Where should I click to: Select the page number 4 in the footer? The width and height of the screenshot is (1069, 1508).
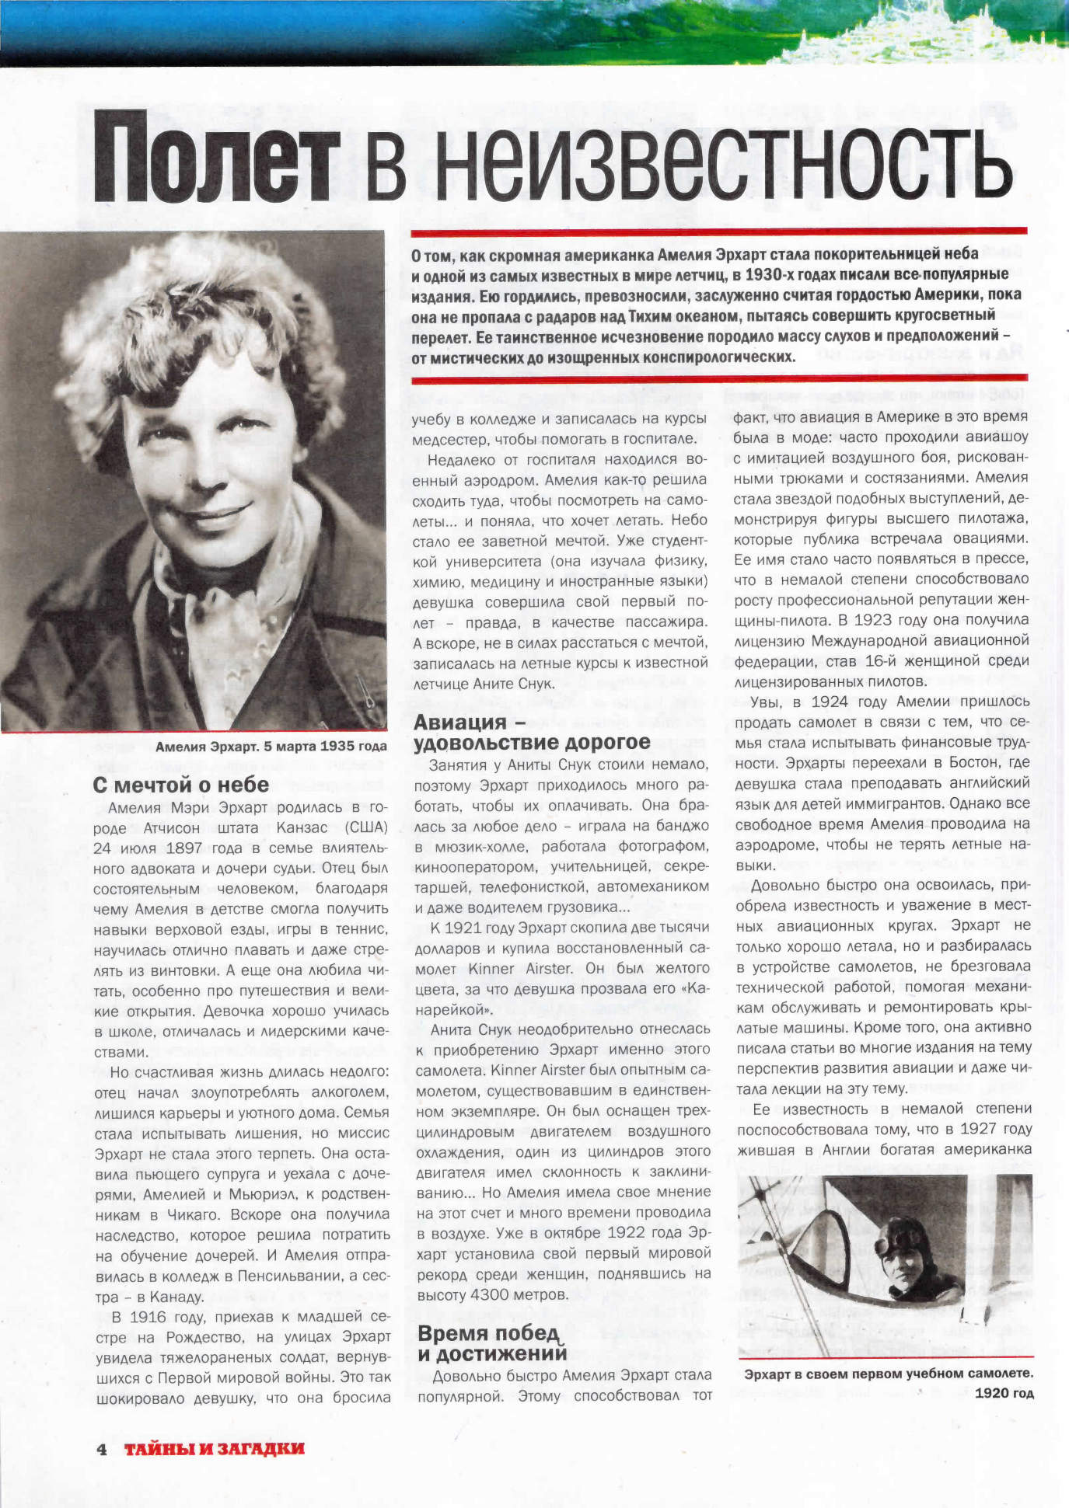(101, 1449)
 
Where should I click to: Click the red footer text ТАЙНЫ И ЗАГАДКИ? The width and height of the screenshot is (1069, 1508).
(215, 1449)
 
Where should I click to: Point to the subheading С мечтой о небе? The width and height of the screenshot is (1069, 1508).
(180, 785)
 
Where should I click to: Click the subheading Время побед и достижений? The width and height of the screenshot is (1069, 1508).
(491, 1344)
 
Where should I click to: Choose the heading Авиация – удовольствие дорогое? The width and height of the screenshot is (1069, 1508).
(532, 733)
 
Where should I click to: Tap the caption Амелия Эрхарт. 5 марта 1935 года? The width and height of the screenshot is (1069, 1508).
(271, 747)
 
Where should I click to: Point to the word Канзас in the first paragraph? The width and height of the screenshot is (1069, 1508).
(302, 827)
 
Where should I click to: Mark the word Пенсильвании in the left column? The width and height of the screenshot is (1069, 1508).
(281, 1276)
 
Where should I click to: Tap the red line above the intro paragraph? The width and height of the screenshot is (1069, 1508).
(718, 232)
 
